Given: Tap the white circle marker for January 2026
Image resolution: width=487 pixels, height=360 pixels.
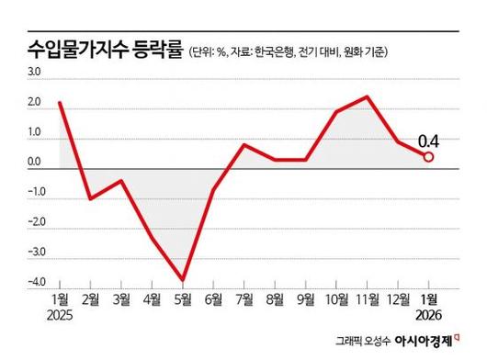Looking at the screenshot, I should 429,157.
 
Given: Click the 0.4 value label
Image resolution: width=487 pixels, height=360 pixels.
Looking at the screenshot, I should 428,141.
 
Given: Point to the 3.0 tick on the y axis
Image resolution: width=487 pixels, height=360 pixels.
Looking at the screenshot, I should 35,72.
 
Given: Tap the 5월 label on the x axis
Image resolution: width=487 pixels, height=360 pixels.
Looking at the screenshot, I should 184,299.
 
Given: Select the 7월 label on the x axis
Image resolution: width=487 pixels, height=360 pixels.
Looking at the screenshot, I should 245,299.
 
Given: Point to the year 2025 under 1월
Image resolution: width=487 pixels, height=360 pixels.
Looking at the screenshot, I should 61,314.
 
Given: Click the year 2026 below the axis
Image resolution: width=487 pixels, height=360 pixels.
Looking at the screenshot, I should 428,314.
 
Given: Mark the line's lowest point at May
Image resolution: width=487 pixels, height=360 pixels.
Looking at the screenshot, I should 184,279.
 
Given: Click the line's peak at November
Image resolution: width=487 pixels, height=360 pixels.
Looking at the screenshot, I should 368,96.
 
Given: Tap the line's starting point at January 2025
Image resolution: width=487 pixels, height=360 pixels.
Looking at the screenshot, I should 60,102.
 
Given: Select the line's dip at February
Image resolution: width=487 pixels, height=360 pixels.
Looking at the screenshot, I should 90,198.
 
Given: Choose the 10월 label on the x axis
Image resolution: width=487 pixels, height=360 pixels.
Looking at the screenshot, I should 336,299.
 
